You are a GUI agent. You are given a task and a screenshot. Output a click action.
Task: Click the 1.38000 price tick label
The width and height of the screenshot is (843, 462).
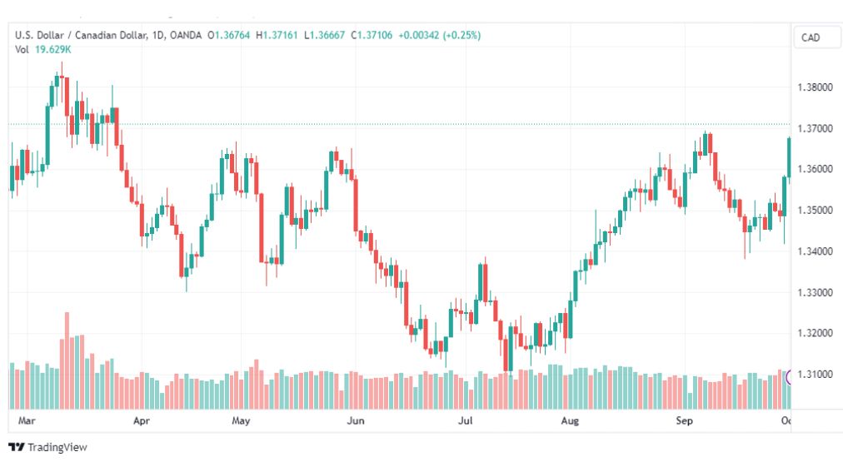pyautogui.click(x=815, y=87)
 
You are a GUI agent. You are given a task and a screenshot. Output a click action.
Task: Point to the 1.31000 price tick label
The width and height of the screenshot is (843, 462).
pyautogui.click(x=815, y=374)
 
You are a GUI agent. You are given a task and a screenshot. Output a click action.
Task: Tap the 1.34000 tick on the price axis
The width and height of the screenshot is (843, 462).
pyautogui.click(x=815, y=251)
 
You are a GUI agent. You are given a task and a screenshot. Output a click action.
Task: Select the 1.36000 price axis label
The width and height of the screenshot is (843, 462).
pyautogui.click(x=815, y=169)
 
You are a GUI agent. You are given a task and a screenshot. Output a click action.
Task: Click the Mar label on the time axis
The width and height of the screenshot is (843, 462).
pyautogui.click(x=27, y=420)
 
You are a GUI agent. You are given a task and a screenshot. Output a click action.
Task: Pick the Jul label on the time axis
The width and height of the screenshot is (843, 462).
pyautogui.click(x=465, y=420)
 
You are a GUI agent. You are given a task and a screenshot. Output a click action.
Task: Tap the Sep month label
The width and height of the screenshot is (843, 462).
pyautogui.click(x=685, y=420)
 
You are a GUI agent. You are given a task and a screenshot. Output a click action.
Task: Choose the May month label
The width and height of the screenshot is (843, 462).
pyautogui.click(x=241, y=420)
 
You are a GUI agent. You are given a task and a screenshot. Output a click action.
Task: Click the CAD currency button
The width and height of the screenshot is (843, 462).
pyautogui.click(x=811, y=37)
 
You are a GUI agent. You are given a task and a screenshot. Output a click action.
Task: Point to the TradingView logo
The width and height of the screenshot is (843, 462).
pyautogui.click(x=47, y=447)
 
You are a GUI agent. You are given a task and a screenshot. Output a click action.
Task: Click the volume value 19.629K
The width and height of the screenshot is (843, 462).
pyautogui.click(x=52, y=49)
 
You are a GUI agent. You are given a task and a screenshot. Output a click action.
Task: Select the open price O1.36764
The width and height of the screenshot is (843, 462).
pyautogui.click(x=229, y=36)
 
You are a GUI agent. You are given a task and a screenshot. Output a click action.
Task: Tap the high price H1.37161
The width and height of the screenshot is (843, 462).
pyautogui.click(x=277, y=36)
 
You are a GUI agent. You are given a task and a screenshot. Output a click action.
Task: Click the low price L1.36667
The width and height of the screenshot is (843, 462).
pyautogui.click(x=324, y=36)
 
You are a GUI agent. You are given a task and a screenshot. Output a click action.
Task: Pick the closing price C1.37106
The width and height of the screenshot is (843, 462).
pyautogui.click(x=372, y=36)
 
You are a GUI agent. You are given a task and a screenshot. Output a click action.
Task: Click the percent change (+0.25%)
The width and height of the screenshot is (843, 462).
pyautogui.click(x=461, y=36)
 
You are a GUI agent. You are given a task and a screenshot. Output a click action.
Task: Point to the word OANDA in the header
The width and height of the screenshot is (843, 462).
pyautogui.click(x=186, y=36)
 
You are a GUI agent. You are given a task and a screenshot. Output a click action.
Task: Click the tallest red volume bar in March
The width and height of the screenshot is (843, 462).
pyautogui.click(x=67, y=360)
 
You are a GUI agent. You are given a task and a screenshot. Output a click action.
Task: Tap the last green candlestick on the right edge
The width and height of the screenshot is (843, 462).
pyautogui.click(x=789, y=157)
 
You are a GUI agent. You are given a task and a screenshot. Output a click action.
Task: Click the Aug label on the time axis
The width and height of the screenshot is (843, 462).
pyautogui.click(x=570, y=420)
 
